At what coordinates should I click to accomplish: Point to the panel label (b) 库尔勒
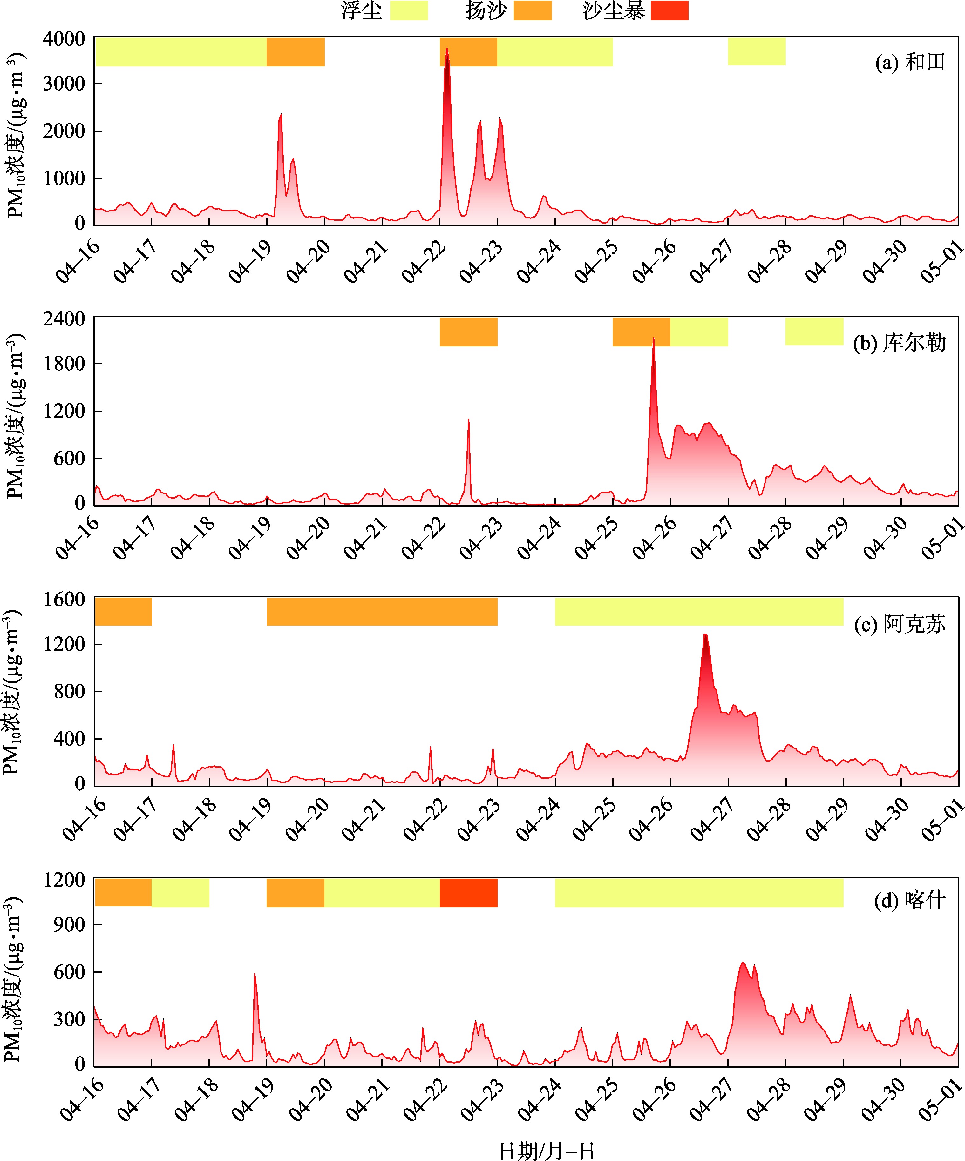coord(899,343)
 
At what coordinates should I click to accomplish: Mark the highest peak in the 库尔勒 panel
coord(654,339)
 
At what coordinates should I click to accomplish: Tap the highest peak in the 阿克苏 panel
coord(705,635)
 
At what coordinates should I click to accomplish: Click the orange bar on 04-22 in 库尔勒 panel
coord(468,332)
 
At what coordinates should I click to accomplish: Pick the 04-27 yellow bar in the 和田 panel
coord(756,51)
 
